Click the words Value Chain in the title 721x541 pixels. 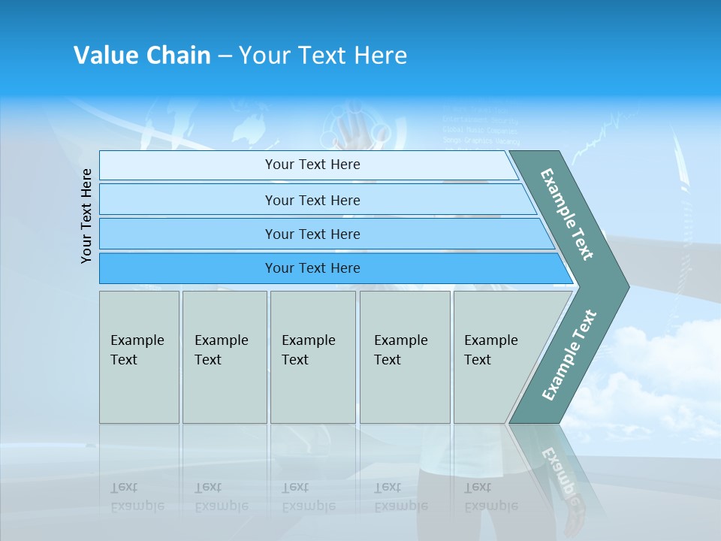(142, 56)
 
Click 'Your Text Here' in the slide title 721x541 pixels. (323, 56)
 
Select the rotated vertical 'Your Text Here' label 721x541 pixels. (86, 216)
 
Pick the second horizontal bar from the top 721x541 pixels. (312, 200)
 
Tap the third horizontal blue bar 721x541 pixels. (312, 234)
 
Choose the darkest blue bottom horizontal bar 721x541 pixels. (312, 268)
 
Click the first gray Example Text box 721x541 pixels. (139, 357)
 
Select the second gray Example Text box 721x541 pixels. (224, 357)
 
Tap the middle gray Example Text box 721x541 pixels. (312, 357)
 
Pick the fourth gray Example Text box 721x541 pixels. (404, 357)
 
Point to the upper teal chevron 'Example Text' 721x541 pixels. (567, 214)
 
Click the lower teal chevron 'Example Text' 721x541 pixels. (569, 355)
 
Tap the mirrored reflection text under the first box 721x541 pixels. (137, 497)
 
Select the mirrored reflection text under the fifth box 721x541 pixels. (490, 497)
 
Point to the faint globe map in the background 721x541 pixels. (248, 124)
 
